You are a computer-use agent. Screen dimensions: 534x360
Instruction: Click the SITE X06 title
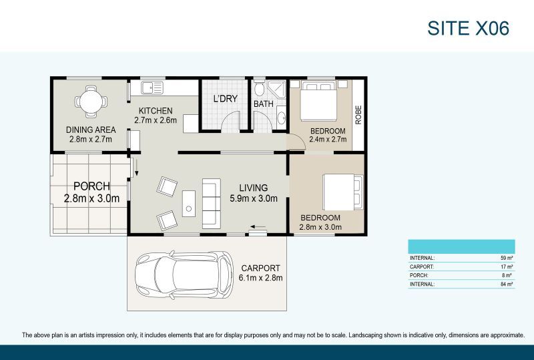(x=469, y=28)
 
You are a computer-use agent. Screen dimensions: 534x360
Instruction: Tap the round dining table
(x=91, y=102)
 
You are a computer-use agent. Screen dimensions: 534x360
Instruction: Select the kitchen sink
(x=152, y=88)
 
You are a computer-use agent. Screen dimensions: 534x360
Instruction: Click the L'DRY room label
(x=225, y=99)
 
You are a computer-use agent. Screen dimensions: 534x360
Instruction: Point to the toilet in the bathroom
(x=259, y=88)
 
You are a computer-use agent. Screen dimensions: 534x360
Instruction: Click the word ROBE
(x=358, y=115)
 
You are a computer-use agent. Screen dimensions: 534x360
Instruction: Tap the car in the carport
(x=184, y=275)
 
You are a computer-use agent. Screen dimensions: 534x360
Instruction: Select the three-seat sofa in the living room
(x=211, y=203)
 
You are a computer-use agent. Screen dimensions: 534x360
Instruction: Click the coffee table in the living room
(x=189, y=204)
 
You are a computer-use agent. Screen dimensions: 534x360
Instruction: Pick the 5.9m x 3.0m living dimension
(x=254, y=198)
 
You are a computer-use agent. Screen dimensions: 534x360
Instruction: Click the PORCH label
(x=92, y=186)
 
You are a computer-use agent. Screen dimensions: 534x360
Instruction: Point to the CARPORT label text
(x=260, y=268)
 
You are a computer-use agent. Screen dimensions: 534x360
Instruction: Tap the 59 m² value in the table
(x=507, y=258)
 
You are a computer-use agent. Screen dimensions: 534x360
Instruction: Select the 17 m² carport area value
(x=507, y=266)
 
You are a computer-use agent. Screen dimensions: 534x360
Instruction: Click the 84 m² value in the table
(x=507, y=284)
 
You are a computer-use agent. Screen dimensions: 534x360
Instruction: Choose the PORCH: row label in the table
(x=419, y=275)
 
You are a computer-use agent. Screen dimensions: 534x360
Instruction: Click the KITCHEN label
(x=156, y=111)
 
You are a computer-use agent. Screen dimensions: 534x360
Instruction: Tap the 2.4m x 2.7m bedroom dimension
(x=328, y=140)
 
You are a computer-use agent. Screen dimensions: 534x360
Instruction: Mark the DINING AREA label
(x=91, y=130)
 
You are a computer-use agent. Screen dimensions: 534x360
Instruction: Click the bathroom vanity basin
(x=281, y=118)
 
